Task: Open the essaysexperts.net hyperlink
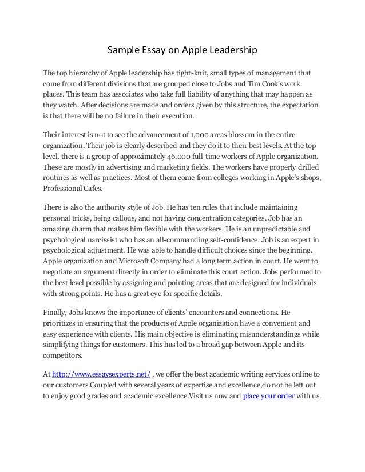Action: pyautogui.click(x=101, y=374)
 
